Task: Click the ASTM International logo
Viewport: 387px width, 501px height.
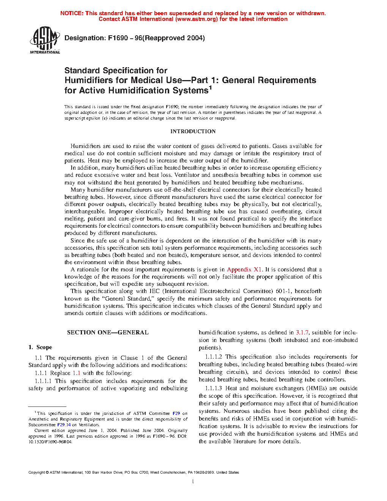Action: click(45, 39)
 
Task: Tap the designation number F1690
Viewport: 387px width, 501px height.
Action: click(118, 38)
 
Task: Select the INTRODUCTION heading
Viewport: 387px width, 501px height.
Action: click(193, 131)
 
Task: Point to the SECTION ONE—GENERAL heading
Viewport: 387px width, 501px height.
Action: click(108, 332)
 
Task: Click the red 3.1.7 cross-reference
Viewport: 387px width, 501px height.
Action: click(302, 332)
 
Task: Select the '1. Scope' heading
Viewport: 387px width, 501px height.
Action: click(40, 347)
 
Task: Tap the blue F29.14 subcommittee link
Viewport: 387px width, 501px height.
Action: click(64, 425)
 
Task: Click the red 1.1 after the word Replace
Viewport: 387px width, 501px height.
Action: click(76, 373)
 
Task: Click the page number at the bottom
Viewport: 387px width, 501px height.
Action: click(193, 482)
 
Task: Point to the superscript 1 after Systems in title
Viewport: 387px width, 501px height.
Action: click(210, 88)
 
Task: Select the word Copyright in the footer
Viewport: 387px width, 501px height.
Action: click(36, 473)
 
